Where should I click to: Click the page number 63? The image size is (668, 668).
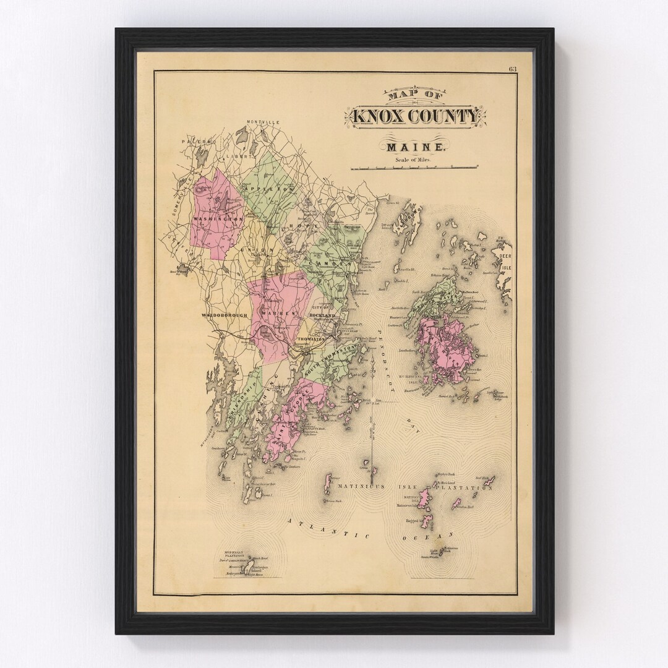(x=513, y=69)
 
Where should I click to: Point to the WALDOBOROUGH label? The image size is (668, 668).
(x=224, y=315)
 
